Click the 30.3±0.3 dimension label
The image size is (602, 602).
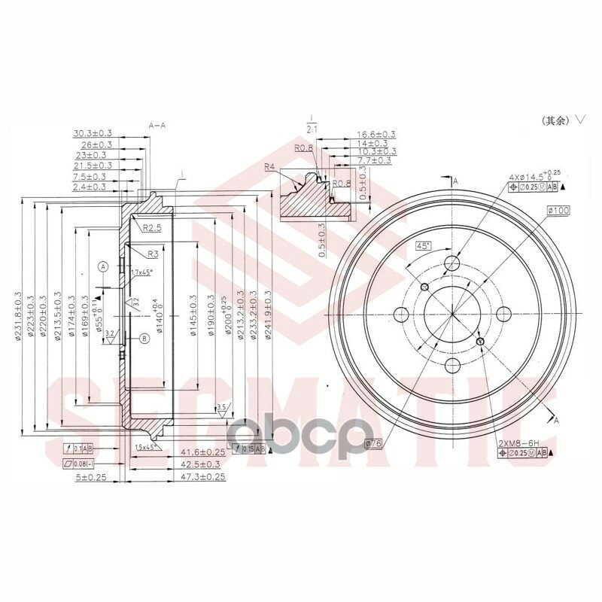coord(92,133)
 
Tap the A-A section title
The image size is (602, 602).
coord(158,125)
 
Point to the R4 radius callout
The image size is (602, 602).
coord(270,167)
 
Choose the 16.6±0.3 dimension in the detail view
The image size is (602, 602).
coord(375,134)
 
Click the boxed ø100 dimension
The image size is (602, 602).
coord(558,211)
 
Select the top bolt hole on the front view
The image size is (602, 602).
coord(452,263)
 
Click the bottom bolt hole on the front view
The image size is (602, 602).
coord(452,365)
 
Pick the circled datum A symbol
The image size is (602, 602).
coord(103,266)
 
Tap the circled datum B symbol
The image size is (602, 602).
coord(143,339)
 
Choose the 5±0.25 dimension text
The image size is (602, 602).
coord(90,476)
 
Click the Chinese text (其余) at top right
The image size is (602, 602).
coord(555,120)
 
